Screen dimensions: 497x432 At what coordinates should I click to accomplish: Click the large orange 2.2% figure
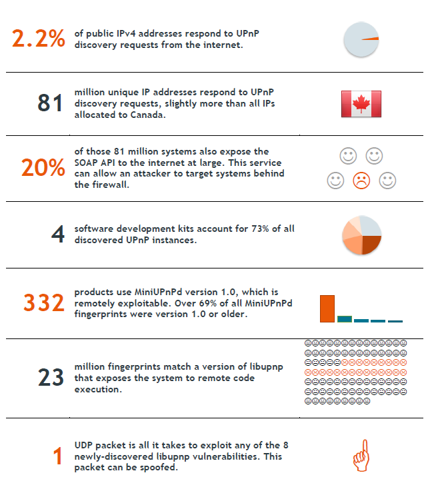39,39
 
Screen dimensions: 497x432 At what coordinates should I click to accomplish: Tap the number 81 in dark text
50,103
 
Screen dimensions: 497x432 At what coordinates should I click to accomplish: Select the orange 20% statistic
43,167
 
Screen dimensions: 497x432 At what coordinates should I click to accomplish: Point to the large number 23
51,378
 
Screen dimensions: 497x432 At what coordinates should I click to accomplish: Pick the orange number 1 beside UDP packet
57,456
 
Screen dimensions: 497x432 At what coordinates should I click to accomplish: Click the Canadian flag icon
361,104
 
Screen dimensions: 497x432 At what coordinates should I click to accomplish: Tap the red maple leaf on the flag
361,104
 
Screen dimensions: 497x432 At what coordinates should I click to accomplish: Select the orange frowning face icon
361,181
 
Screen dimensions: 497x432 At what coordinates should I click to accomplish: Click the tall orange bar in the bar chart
327,308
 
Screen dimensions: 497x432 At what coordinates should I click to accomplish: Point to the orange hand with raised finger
361,455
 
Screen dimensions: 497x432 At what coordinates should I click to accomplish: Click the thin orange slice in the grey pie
371,39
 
